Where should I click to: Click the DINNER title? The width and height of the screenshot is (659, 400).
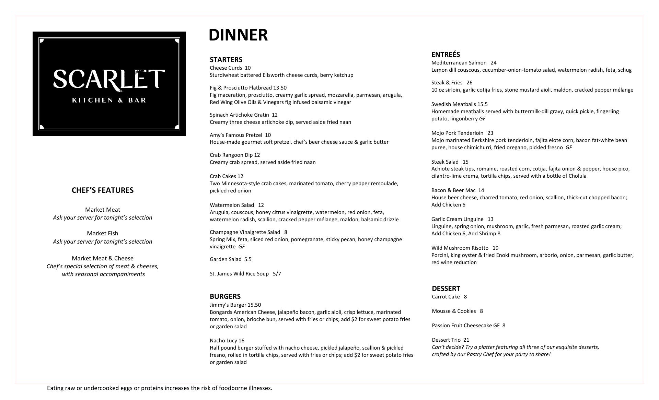238,35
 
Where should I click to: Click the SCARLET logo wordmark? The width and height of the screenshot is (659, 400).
109,79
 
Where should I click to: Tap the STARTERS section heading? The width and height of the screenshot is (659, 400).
226,60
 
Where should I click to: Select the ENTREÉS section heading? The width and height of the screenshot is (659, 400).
446,55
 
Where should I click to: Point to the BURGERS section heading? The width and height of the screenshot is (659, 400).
225,296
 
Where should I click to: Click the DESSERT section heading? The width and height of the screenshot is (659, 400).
446,289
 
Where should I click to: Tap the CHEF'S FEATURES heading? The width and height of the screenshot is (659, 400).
103,190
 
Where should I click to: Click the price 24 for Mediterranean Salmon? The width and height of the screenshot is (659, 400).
494,63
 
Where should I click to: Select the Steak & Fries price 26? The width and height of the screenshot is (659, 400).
469,83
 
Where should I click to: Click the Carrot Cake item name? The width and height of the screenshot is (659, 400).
446,297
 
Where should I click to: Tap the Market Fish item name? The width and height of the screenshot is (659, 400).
102,233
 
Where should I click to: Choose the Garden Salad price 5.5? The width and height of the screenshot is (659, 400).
248,259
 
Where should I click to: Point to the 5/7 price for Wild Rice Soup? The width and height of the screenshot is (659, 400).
277,274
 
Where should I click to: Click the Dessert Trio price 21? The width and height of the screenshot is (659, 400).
466,340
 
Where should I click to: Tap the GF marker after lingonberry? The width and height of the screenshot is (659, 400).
482,119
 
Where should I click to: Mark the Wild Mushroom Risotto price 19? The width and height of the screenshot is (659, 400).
495,248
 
